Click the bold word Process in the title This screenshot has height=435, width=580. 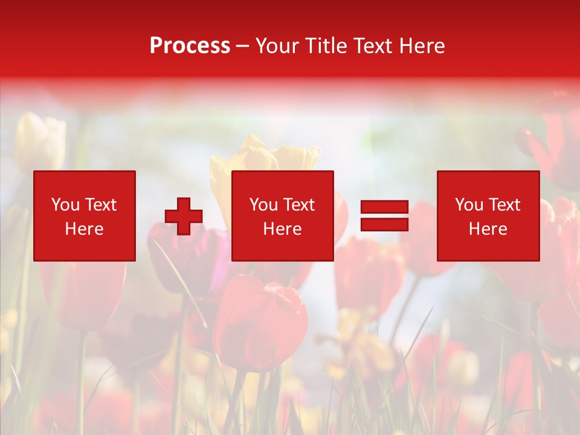(x=190, y=46)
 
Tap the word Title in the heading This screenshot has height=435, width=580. (x=327, y=46)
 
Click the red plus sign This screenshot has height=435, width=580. (x=184, y=216)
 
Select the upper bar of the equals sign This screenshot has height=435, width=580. (x=384, y=207)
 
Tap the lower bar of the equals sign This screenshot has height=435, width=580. (x=384, y=225)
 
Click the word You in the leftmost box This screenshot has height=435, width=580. (x=65, y=205)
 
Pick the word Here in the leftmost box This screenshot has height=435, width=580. (x=84, y=229)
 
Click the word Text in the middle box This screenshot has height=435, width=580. (x=298, y=205)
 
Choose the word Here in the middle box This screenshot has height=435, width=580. (x=282, y=229)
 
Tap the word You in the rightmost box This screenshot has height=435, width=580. (x=469, y=205)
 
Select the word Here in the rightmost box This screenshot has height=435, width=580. (x=488, y=229)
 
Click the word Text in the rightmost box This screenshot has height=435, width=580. (x=504, y=205)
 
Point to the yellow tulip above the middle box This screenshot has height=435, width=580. (x=266, y=156)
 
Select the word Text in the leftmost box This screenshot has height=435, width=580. (x=100, y=205)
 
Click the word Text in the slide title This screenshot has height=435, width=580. (x=373, y=46)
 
